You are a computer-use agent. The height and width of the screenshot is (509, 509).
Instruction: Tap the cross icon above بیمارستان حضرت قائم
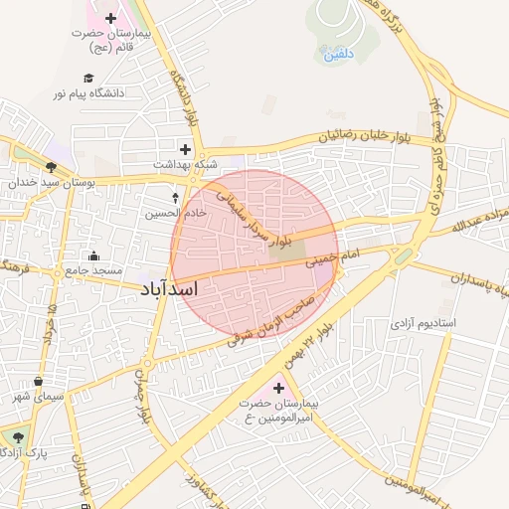click(x=110, y=19)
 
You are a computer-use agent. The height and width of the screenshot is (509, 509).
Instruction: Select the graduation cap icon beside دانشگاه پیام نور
click(x=88, y=79)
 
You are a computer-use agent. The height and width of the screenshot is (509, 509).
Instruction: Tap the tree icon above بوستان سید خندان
click(x=51, y=167)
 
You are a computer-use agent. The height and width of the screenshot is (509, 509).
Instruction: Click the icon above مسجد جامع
click(x=93, y=255)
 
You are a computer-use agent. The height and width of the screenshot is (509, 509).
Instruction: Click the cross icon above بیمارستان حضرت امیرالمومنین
click(x=278, y=388)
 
